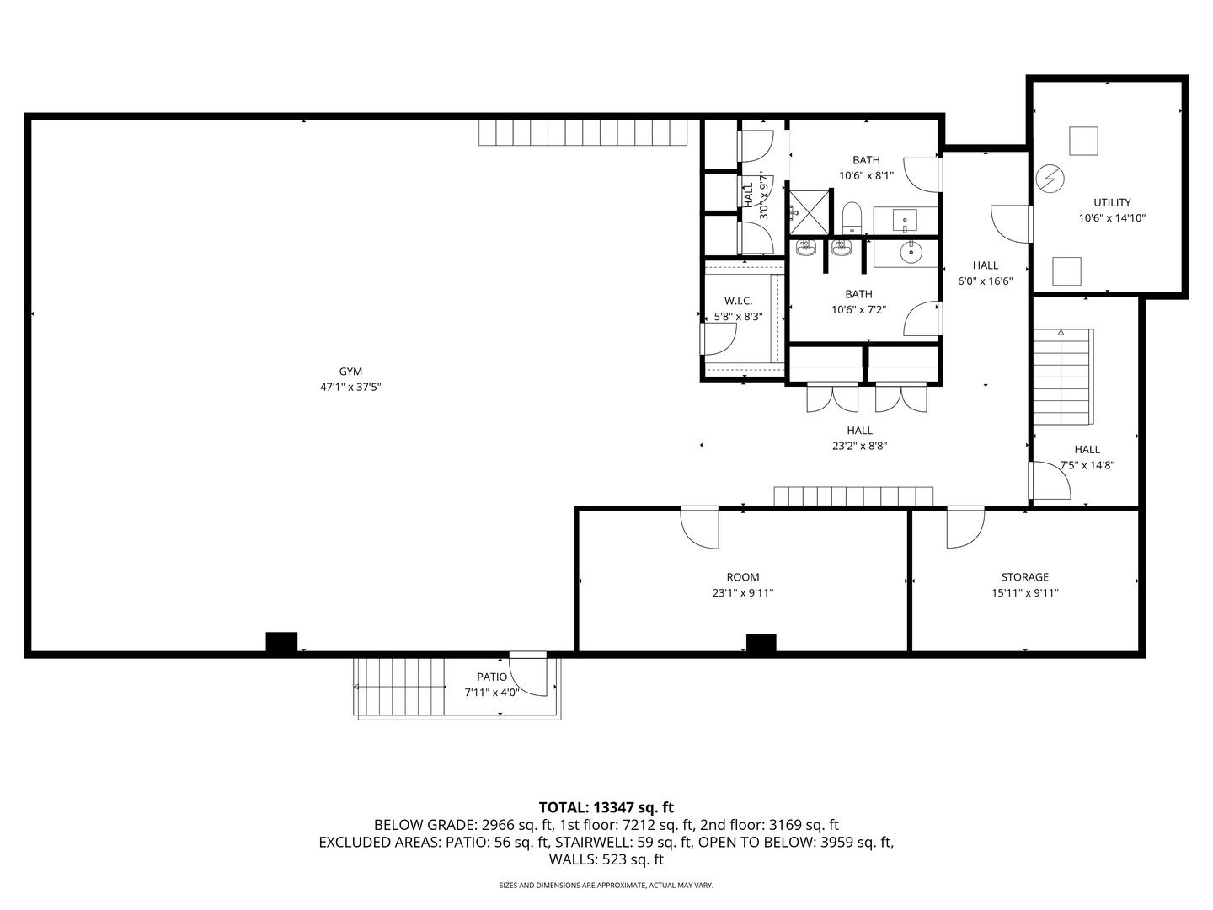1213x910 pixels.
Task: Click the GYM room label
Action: [350, 372]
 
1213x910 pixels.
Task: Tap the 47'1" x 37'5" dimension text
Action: [350, 388]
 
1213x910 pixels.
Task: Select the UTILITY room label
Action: [1112, 202]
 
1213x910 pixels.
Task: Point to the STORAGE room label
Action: [1024, 577]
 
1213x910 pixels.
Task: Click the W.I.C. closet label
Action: [738, 301]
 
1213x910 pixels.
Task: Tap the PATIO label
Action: [492, 677]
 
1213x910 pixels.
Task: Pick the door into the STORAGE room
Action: [965, 527]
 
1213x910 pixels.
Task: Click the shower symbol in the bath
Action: [808, 211]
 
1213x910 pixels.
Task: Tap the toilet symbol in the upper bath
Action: [851, 218]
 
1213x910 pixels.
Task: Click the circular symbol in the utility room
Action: [1050, 178]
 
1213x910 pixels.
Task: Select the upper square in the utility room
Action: [1083, 141]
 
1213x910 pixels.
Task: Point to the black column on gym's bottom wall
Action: [281, 642]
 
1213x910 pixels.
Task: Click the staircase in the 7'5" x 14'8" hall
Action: [1063, 378]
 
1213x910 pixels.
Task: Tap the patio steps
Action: [400, 686]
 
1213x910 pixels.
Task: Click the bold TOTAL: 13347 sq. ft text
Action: [606, 807]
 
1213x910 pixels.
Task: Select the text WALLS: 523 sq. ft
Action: [606, 859]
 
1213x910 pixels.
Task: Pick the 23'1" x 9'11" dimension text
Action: [742, 593]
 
